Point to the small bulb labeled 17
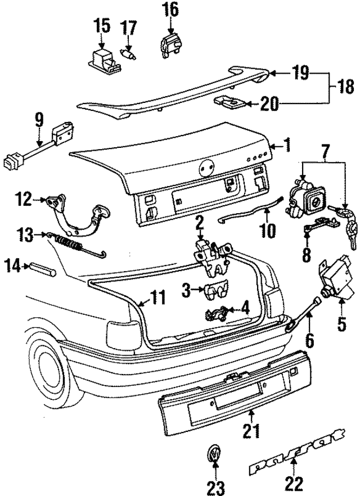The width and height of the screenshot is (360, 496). coord(129,54)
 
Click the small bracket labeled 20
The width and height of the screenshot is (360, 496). coord(231,103)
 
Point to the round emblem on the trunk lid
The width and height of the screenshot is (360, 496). coord(206,167)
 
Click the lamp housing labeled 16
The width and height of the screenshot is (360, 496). coord(170,44)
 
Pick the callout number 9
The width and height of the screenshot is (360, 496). coord(39,119)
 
